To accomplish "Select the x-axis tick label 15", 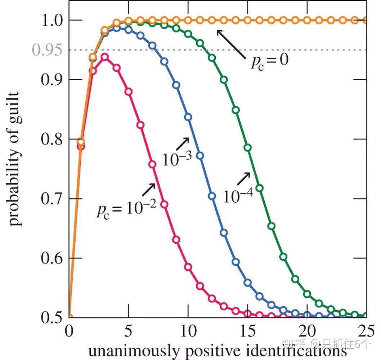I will coord(247,330).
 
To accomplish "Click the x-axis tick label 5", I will coord(128,330).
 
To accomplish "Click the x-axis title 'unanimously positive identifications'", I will coord(218,350).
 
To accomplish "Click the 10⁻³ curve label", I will coord(176,159).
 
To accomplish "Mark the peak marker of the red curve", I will coord(104,57).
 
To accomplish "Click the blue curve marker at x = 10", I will coord(188,117).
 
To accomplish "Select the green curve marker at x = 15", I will coord(247,148).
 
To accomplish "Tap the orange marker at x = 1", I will coord(81,142).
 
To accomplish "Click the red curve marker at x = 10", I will coord(188,267).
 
